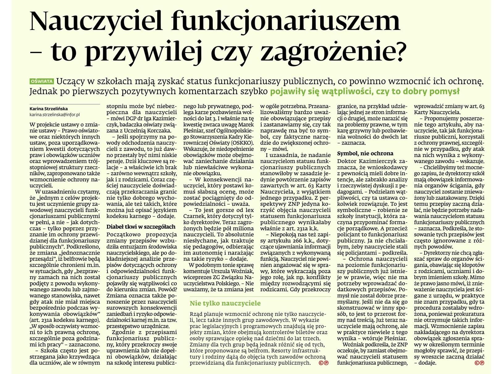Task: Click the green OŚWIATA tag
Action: (41, 81)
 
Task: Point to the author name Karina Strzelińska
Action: (48, 108)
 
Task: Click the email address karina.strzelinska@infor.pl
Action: (54, 114)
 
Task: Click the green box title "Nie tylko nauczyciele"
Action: (225, 303)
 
